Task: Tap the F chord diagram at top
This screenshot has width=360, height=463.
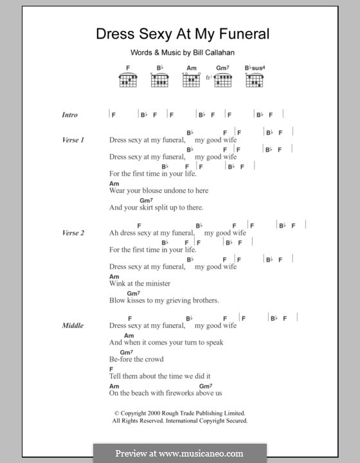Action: click(x=128, y=78)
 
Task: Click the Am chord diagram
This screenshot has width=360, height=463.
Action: click(x=191, y=78)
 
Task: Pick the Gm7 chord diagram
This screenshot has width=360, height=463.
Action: click(x=222, y=78)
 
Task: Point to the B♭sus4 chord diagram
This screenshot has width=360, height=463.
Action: click(x=255, y=78)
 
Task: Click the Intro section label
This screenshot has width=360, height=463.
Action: click(x=69, y=115)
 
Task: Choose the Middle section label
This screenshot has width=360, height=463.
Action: click(x=73, y=325)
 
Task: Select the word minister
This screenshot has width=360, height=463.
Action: click(x=157, y=283)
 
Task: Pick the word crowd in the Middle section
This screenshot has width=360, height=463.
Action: click(x=154, y=359)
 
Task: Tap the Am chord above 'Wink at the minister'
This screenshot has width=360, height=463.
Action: click(x=114, y=276)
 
